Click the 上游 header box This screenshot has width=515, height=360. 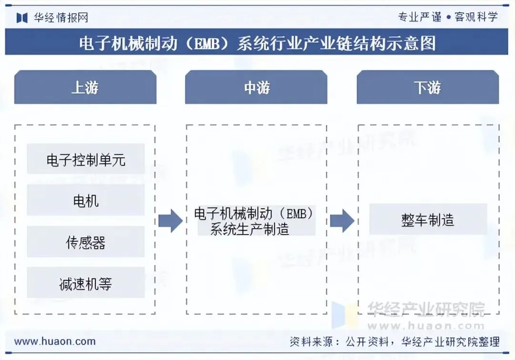[x=85, y=87]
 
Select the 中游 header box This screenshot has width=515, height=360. [x=256, y=87]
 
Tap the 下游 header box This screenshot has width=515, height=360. [x=427, y=87]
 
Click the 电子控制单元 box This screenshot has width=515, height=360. [x=86, y=159]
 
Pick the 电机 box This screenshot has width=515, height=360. [x=86, y=201]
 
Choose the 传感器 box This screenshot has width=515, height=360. [x=86, y=242]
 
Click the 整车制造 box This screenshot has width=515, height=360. [x=428, y=220]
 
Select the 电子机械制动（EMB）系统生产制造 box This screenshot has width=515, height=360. [x=256, y=221]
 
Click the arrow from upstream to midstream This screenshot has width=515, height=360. [x=170, y=220]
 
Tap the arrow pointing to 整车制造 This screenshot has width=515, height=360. [x=342, y=220]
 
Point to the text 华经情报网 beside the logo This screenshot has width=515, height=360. [x=61, y=18]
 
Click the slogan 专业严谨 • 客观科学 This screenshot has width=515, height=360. [x=448, y=17]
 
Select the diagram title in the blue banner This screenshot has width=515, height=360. [x=257, y=43]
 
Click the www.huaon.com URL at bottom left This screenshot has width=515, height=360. [x=55, y=341]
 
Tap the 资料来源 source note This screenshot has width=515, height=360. [x=394, y=341]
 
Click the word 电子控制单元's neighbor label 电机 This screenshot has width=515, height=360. [x=86, y=201]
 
